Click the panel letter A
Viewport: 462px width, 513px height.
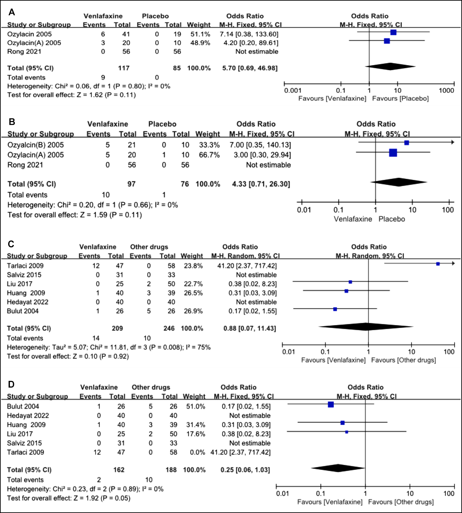click(x=12, y=12)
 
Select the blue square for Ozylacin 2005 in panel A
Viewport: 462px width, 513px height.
click(x=393, y=32)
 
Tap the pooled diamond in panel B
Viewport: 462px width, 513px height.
click(x=399, y=182)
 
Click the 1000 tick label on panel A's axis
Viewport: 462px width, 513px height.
click(x=446, y=90)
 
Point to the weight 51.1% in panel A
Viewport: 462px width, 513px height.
click(x=200, y=34)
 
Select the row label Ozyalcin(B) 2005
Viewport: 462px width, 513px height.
click(x=36, y=145)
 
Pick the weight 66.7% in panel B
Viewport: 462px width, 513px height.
click(x=209, y=155)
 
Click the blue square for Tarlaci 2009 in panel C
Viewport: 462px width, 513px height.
click(x=438, y=264)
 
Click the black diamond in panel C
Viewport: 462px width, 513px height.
click(x=366, y=327)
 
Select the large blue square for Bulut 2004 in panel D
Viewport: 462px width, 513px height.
click(x=331, y=405)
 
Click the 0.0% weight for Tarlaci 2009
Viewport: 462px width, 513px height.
click(x=198, y=452)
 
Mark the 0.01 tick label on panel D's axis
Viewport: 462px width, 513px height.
click(x=282, y=493)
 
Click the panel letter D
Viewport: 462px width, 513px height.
click(x=11, y=384)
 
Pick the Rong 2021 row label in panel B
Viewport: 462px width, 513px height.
click(x=25, y=165)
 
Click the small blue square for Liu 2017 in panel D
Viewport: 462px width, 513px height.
click(x=346, y=432)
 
